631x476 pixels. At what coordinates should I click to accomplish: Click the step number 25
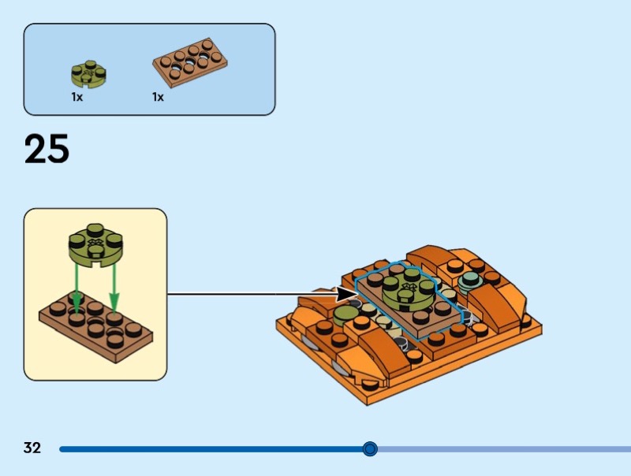(x=47, y=149)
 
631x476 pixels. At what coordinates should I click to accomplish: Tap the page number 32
(x=32, y=448)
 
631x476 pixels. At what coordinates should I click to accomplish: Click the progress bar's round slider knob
(x=370, y=448)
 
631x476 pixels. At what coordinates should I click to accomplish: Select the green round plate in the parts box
(x=88, y=74)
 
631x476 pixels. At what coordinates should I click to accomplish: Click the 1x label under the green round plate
(x=77, y=97)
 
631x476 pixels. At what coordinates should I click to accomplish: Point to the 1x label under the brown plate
(x=158, y=97)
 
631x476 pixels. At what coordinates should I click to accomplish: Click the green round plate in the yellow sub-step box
(x=95, y=245)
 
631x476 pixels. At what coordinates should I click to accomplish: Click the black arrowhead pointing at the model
(x=346, y=294)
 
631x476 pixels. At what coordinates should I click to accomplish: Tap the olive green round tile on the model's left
(x=346, y=314)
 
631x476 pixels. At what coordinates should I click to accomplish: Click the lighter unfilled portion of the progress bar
(x=504, y=449)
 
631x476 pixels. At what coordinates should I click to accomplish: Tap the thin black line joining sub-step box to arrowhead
(x=252, y=294)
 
